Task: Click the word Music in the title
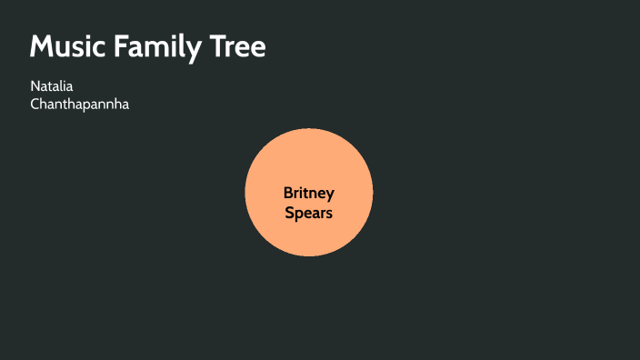point(67,47)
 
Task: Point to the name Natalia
point(51,86)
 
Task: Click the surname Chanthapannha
point(80,104)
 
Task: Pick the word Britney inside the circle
point(309,193)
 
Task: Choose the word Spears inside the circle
point(309,214)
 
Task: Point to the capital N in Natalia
point(35,86)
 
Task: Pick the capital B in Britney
point(288,193)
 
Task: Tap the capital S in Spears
point(289,214)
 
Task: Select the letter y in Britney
point(331,195)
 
